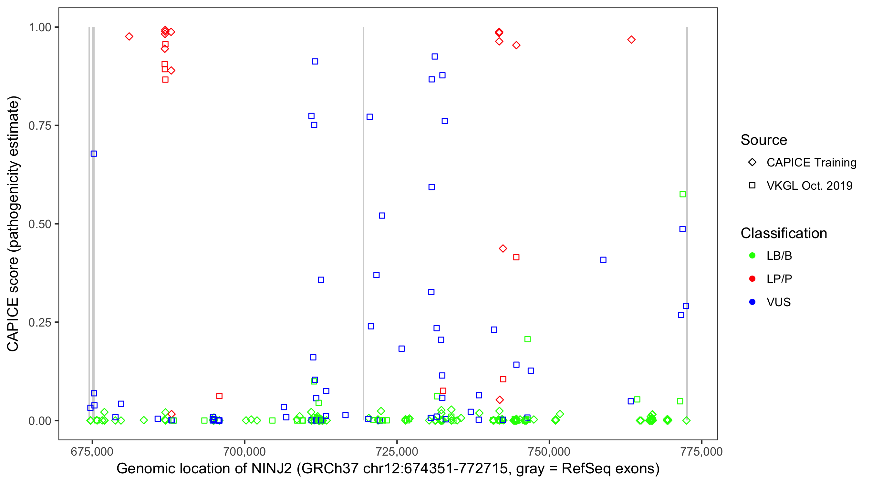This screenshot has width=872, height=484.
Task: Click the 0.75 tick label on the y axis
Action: click(x=39, y=126)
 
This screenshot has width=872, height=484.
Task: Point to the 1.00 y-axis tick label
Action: click(x=39, y=27)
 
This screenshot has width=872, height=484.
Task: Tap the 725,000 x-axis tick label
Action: click(x=397, y=451)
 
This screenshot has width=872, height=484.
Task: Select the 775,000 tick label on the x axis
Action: click(x=701, y=451)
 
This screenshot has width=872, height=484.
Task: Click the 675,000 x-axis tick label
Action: click(x=92, y=451)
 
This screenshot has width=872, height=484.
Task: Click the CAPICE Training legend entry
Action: click(x=811, y=163)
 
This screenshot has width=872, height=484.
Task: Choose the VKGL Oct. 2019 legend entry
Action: click(x=809, y=186)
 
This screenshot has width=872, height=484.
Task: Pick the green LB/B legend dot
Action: click(x=752, y=256)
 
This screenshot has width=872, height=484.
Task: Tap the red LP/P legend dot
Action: click(x=752, y=279)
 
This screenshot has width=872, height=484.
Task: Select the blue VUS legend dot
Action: click(x=752, y=302)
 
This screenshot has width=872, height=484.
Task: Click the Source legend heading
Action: click(x=764, y=140)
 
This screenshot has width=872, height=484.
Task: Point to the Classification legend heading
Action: click(x=784, y=233)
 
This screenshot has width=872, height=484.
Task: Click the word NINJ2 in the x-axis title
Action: click(x=272, y=469)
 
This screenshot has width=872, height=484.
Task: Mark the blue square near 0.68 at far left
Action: click(x=94, y=154)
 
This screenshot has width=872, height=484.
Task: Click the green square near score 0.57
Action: click(x=682, y=195)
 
